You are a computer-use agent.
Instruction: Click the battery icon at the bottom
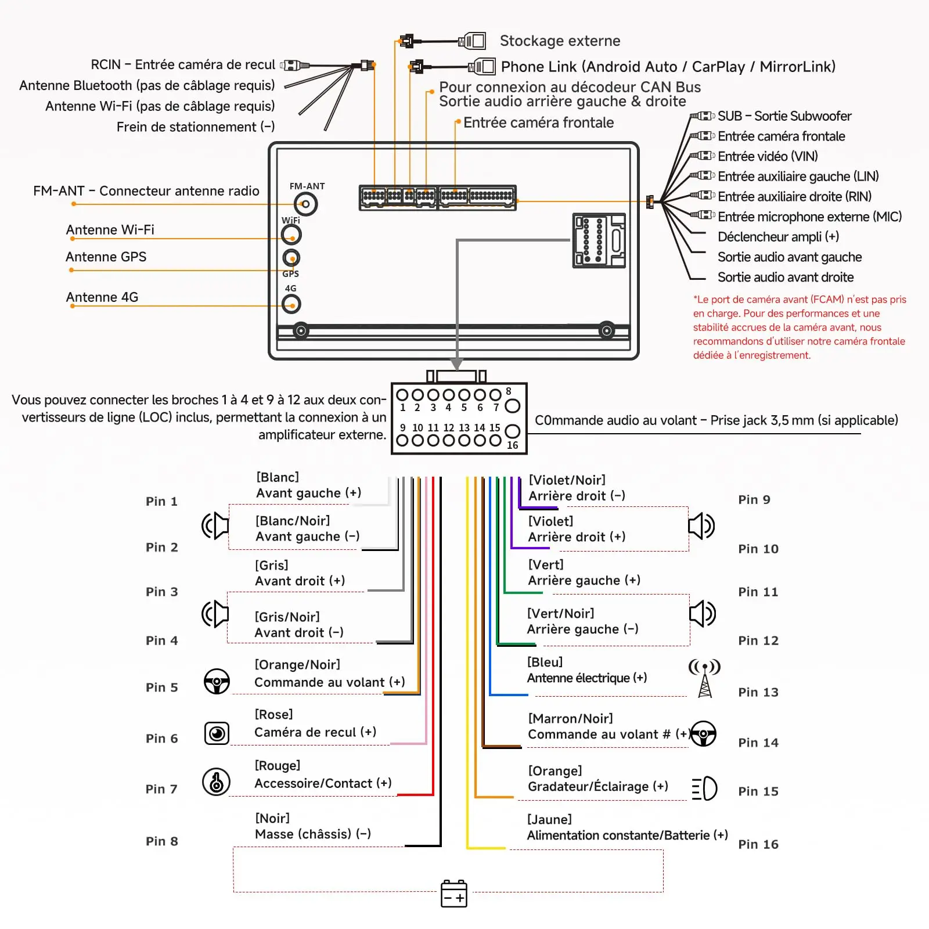click(454, 893)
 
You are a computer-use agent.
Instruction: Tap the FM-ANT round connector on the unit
click(305, 204)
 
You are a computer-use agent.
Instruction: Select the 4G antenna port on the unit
click(291, 304)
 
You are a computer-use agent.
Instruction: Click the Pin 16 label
click(758, 844)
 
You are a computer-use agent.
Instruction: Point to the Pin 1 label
click(161, 501)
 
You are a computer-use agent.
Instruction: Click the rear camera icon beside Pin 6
click(217, 733)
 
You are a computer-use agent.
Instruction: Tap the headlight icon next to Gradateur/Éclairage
click(704, 788)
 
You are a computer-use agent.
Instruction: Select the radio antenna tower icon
click(704, 678)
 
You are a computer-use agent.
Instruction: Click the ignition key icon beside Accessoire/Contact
click(216, 782)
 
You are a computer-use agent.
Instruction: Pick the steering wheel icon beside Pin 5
click(217, 682)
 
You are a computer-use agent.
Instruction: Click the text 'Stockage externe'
click(560, 41)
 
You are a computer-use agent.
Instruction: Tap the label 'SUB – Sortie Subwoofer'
click(784, 116)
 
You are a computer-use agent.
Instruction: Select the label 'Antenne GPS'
click(106, 257)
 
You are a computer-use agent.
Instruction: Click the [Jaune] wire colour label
click(549, 819)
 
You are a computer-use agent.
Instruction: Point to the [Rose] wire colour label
click(273, 714)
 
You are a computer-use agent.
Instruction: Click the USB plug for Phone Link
click(482, 66)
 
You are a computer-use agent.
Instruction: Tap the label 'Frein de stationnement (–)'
click(196, 127)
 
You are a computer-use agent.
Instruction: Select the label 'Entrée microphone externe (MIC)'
click(809, 217)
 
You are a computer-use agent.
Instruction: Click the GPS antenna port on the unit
click(291, 257)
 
